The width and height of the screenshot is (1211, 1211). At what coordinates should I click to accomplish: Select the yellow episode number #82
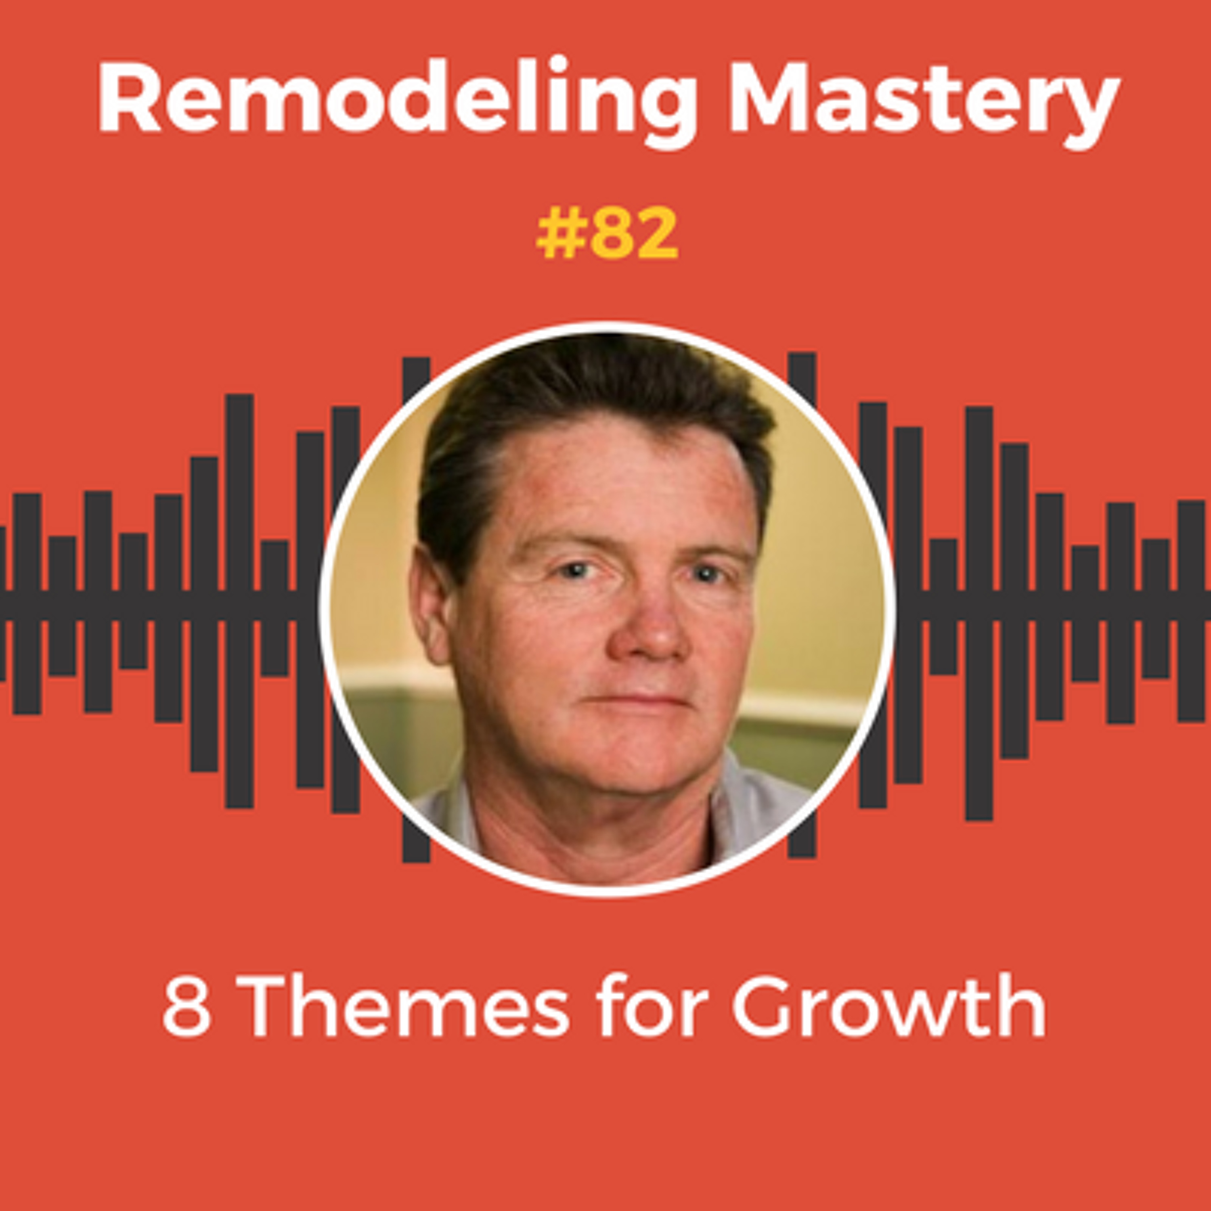607,235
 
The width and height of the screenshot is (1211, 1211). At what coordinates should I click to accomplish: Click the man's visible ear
431,605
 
